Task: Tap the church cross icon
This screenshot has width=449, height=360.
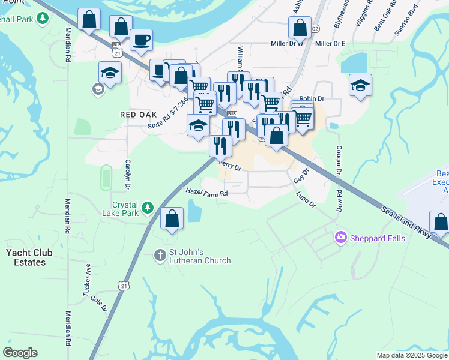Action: click(160, 255)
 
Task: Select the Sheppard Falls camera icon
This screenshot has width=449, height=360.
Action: click(341, 238)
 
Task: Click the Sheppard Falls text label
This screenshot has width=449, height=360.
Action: click(378, 238)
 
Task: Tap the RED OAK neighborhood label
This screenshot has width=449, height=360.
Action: click(138, 114)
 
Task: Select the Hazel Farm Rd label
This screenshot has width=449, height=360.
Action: click(207, 193)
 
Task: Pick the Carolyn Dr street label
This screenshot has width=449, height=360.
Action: click(127, 171)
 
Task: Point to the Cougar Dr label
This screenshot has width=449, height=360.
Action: click(339, 160)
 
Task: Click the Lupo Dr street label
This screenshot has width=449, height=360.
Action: click(306, 200)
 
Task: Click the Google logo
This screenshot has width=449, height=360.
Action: click(20, 353)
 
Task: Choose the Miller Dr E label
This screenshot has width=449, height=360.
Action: click(330, 44)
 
